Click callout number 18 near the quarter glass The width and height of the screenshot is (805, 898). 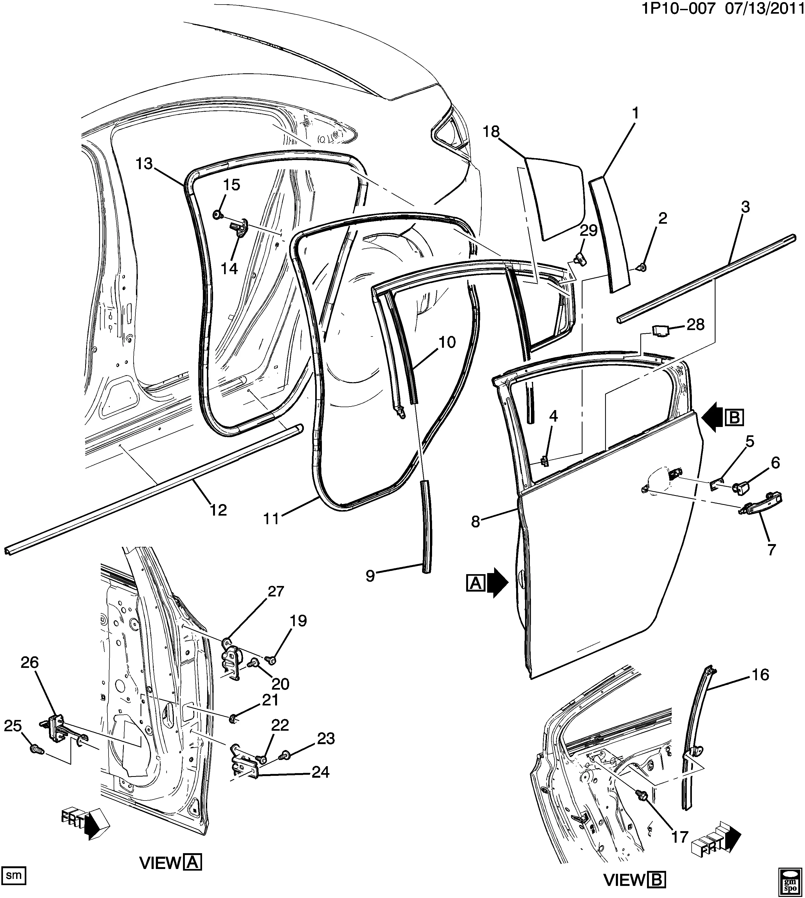tap(491, 132)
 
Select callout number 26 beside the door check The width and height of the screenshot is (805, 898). tap(30, 675)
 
